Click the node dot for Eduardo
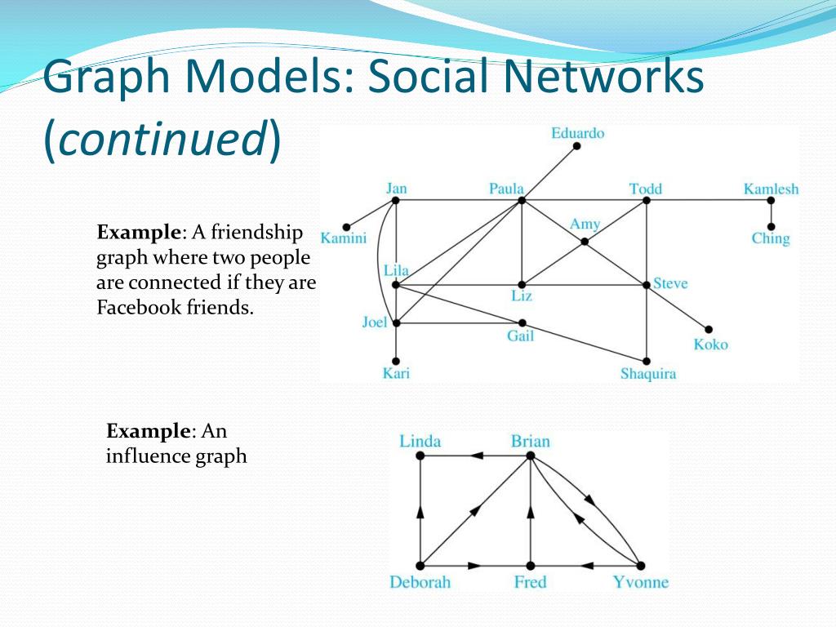pyautogui.click(x=576, y=146)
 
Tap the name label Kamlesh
pyautogui.click(x=771, y=189)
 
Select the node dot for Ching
pyautogui.click(x=771, y=227)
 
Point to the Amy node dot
pyautogui.click(x=585, y=242)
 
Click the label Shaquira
pyautogui.click(x=648, y=375)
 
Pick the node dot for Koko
pyautogui.click(x=709, y=330)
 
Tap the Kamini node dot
pyautogui.click(x=346, y=227)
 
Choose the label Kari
pyautogui.click(x=396, y=374)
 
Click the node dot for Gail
pyautogui.click(x=522, y=323)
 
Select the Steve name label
pyautogui.click(x=670, y=284)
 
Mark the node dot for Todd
pyautogui.click(x=646, y=200)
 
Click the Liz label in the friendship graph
pyautogui.click(x=522, y=296)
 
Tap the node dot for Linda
pyautogui.click(x=420, y=456)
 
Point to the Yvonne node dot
pyautogui.click(x=641, y=566)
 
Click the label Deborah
pyautogui.click(x=420, y=582)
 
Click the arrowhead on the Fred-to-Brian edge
pyautogui.click(x=531, y=511)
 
